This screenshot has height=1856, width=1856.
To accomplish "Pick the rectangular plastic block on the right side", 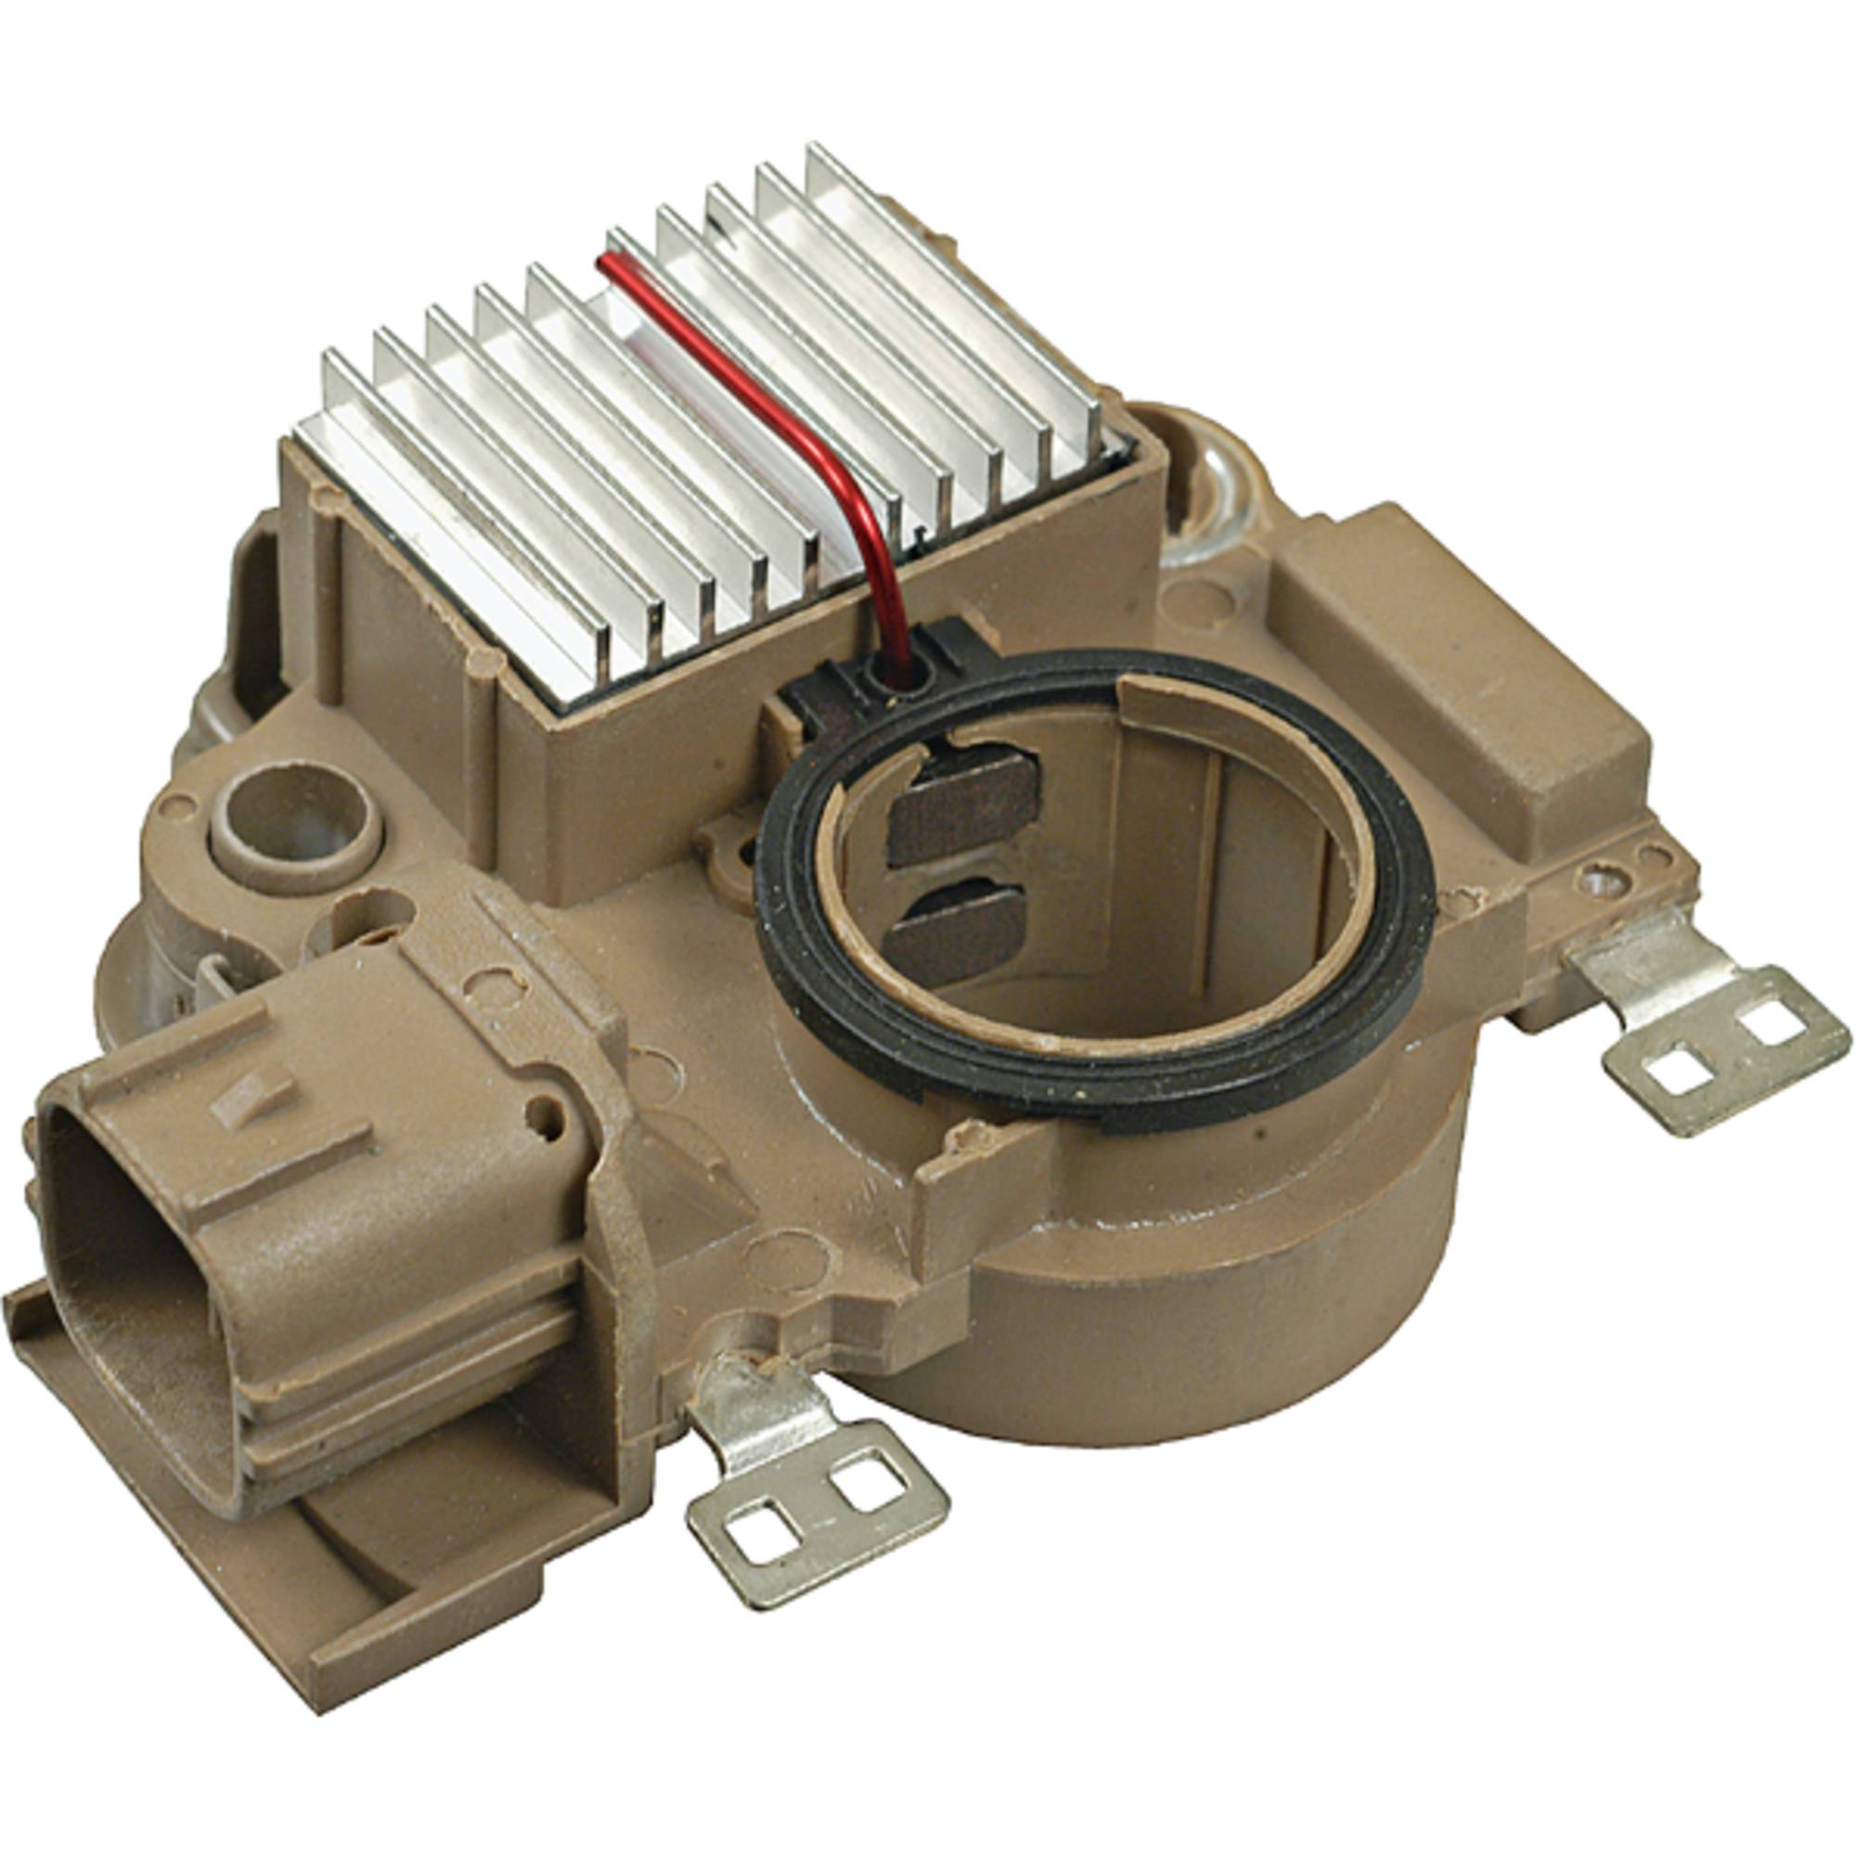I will pyautogui.click(x=1450, y=673).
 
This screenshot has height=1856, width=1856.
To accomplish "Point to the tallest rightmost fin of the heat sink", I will pyautogui.click(x=951, y=289).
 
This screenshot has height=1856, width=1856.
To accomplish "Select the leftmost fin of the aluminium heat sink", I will pyautogui.click(x=461, y=538).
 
